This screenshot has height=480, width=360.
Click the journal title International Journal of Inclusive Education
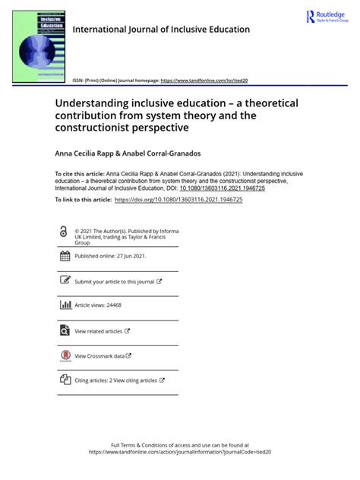click(x=161, y=30)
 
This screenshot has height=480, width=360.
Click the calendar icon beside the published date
click(x=64, y=256)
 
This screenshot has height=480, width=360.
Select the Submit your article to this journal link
click(x=116, y=281)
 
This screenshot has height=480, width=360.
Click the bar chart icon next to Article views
click(x=64, y=305)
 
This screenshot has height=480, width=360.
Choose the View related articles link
click(x=99, y=331)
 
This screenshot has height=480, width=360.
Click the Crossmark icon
click(x=64, y=355)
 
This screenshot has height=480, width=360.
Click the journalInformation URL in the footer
click(x=179, y=452)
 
